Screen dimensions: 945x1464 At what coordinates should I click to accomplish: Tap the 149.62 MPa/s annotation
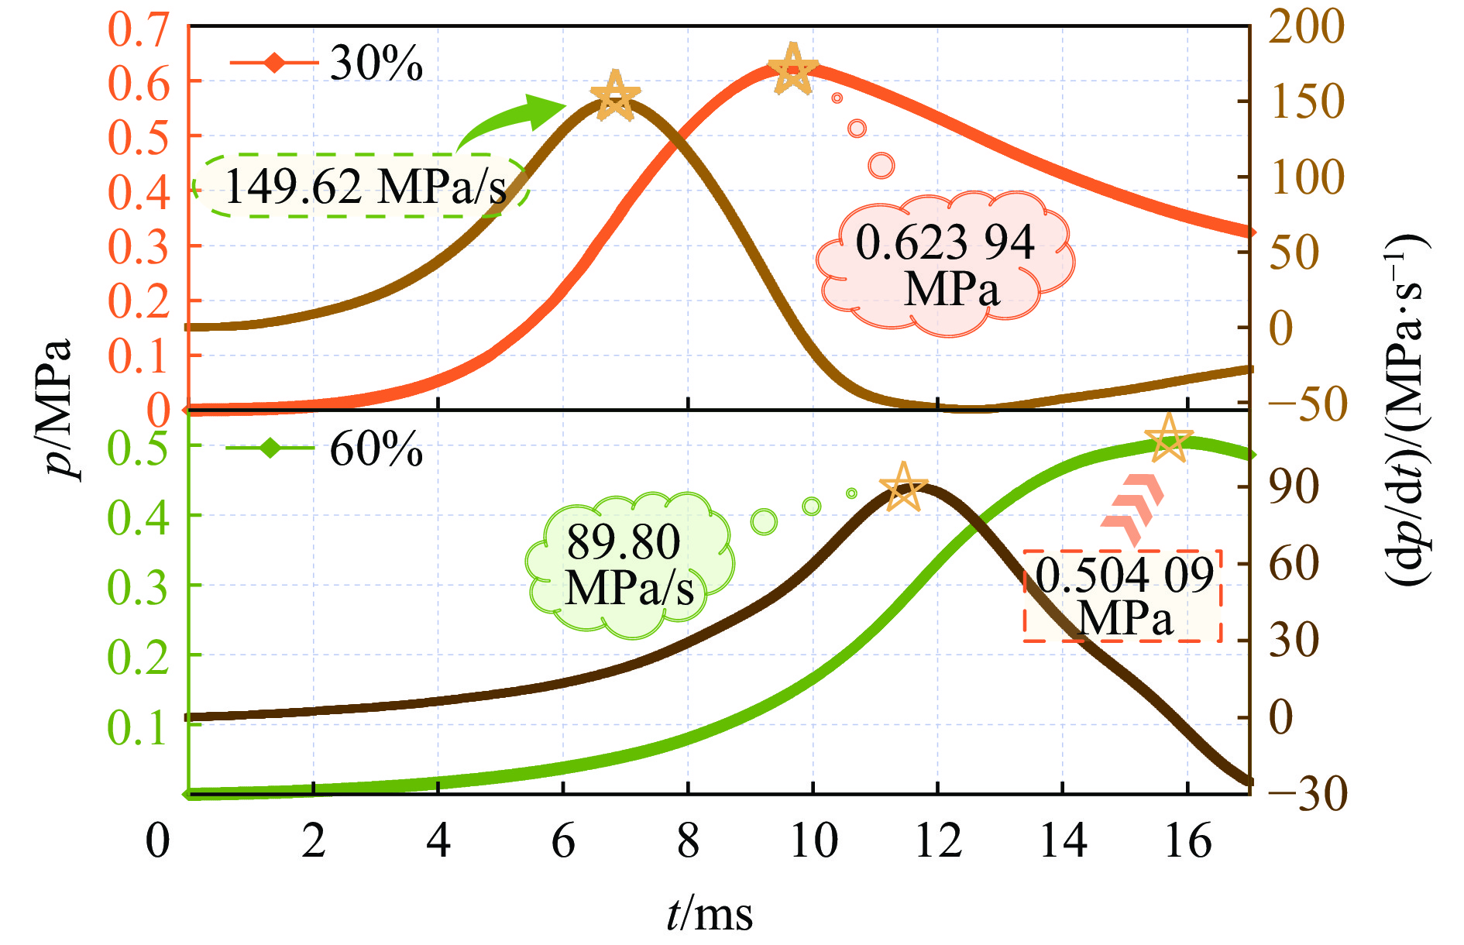tap(363, 187)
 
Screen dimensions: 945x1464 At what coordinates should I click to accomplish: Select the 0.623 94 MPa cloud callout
tap(945, 264)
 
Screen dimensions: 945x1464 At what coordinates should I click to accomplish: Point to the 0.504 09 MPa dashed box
tap(1123, 596)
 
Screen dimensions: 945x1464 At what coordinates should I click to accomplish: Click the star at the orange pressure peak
tap(792, 70)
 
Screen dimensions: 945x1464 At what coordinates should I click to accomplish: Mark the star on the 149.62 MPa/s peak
tap(615, 96)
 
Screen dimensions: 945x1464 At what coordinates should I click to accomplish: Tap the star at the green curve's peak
tap(1168, 438)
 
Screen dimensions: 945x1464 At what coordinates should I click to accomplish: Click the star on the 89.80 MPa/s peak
tap(903, 488)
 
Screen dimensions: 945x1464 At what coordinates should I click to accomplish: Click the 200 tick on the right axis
tap(1306, 28)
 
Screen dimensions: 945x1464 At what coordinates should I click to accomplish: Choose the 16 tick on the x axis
tap(1187, 840)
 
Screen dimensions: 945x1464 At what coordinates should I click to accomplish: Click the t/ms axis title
tap(709, 914)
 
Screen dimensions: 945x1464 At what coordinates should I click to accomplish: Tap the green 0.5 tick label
tap(137, 447)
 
